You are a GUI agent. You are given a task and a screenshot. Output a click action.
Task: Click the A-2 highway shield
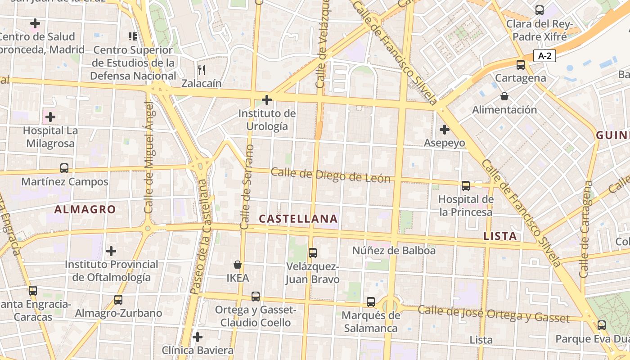(544, 56)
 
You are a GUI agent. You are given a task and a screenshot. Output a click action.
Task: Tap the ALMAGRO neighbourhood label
(85, 209)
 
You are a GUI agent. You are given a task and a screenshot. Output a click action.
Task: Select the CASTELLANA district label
(298, 219)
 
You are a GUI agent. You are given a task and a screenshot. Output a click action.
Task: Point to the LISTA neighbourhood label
(500, 236)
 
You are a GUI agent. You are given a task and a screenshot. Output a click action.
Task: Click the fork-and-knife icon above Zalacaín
(202, 70)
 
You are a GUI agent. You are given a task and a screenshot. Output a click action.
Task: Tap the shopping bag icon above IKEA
(237, 265)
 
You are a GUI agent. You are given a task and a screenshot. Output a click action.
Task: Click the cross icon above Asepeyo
(444, 130)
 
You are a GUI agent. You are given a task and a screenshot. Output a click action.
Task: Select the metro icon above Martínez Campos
(64, 168)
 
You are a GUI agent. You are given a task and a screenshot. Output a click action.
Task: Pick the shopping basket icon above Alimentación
(504, 96)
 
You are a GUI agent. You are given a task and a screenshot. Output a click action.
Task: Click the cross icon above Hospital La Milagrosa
(50, 117)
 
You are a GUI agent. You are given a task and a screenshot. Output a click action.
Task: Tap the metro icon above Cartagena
(521, 64)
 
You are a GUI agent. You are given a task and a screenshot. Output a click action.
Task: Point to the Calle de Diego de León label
(330, 175)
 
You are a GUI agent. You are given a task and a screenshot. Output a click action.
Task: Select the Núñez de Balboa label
(394, 251)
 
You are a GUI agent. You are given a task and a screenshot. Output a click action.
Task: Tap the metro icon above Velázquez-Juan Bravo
(313, 253)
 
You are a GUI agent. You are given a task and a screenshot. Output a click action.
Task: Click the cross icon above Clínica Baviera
(197, 337)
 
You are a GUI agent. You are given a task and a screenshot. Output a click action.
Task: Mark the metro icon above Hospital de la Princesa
(466, 185)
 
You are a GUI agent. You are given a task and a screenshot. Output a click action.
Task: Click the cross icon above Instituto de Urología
(267, 100)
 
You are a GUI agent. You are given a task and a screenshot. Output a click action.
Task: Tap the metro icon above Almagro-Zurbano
(118, 299)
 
